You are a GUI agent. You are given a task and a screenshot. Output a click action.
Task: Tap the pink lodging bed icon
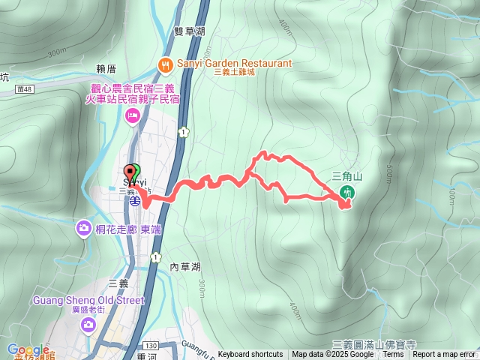133,115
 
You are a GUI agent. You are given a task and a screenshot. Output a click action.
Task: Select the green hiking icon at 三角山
347,192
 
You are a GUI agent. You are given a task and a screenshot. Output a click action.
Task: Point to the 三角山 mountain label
346,177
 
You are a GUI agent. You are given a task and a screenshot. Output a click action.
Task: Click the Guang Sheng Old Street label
88,301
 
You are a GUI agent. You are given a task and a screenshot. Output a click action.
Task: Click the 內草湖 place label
185,267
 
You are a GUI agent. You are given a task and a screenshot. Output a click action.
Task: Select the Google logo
28,350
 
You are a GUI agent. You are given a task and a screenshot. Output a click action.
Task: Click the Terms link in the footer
393,355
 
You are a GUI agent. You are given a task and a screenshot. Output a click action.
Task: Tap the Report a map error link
444,355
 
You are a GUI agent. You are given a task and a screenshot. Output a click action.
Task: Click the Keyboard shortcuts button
250,355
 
